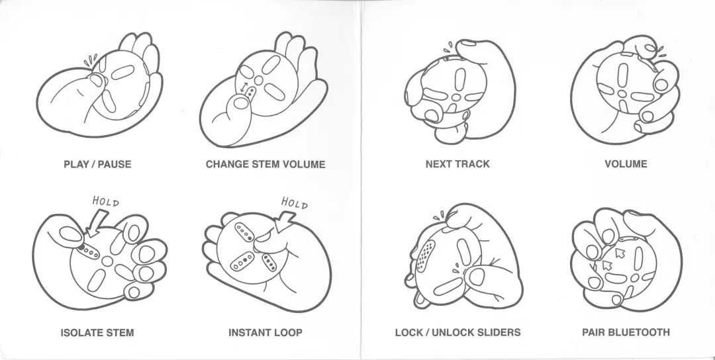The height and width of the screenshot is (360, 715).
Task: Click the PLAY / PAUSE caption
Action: [x=97, y=164]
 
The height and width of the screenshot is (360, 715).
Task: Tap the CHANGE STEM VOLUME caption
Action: [x=265, y=164]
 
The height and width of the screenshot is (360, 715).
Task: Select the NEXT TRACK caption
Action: [x=458, y=164]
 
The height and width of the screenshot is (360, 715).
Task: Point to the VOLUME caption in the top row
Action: [x=626, y=164]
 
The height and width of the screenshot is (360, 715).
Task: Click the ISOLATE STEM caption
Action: [x=97, y=332]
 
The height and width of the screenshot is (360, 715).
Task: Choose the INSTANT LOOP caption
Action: [x=265, y=332]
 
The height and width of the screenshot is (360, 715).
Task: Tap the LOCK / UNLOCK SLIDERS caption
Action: [x=457, y=332]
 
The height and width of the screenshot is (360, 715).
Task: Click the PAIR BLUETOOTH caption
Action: [x=626, y=332]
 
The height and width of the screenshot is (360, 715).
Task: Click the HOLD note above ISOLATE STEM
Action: [x=105, y=201]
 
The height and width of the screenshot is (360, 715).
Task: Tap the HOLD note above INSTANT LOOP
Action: [x=295, y=202]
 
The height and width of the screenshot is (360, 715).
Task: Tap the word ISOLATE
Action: [x=82, y=332]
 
